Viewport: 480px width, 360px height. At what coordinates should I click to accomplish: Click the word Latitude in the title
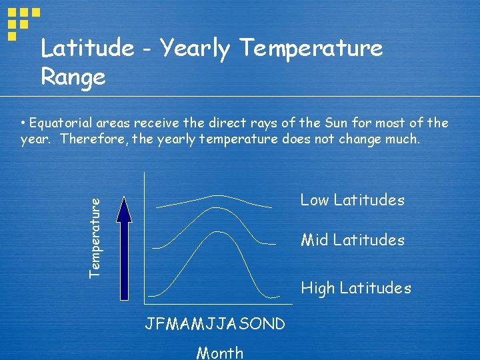[x=87, y=48]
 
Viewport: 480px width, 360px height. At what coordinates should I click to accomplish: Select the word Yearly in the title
[x=195, y=48]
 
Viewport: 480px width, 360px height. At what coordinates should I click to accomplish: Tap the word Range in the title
[x=73, y=77]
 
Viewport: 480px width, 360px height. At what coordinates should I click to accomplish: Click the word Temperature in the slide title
[x=311, y=48]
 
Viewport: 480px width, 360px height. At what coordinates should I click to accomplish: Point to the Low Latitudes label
[x=352, y=200]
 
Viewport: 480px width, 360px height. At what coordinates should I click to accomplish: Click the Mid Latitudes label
[x=352, y=240]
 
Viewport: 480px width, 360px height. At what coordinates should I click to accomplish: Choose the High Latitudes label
[x=356, y=288]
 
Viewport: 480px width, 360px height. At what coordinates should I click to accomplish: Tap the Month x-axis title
[x=219, y=353]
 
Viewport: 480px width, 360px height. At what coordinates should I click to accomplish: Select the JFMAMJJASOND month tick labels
[x=215, y=324]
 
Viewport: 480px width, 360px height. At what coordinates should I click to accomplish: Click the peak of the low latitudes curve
[x=217, y=195]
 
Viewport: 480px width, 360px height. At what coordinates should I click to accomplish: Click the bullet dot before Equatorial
[x=23, y=123]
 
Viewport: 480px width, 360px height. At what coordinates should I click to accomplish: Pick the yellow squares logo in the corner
[x=22, y=21]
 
